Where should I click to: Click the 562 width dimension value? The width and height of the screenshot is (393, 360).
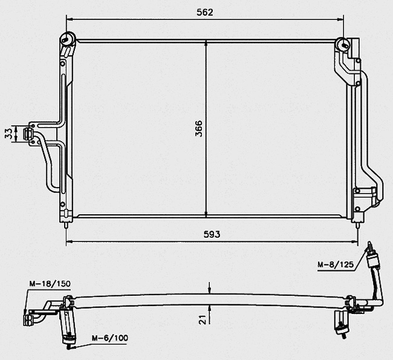pos(205,12)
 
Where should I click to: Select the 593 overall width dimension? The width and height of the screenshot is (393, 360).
pos(212,234)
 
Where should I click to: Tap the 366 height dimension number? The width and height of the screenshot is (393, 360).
pos(199,128)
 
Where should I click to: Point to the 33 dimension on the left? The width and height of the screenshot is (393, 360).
pos(8,133)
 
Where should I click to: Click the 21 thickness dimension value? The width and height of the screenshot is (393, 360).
pos(203,319)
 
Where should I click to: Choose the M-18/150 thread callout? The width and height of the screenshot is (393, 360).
pos(50,284)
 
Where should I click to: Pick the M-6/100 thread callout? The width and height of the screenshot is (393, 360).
pos(109,338)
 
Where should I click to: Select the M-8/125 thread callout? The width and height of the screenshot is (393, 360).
pos(336,264)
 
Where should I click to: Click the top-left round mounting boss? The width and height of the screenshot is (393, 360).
pos(68,39)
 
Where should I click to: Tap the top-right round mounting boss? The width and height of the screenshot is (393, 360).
pos(343,45)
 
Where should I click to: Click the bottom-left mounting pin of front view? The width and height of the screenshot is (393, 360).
pos(66,225)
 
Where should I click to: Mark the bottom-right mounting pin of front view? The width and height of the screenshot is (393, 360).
pos(357,225)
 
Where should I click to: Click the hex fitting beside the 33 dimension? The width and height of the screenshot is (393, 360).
pos(28,134)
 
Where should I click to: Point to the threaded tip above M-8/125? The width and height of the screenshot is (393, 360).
pos(369,246)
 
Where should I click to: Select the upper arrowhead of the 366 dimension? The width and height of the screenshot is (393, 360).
pos(206,43)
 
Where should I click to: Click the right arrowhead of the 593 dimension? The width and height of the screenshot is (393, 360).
pos(355,242)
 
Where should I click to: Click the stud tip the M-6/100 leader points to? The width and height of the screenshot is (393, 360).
pos(68,347)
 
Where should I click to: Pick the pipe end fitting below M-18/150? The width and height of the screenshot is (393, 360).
pos(26,320)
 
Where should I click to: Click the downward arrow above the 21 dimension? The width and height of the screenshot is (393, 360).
pos(210,288)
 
